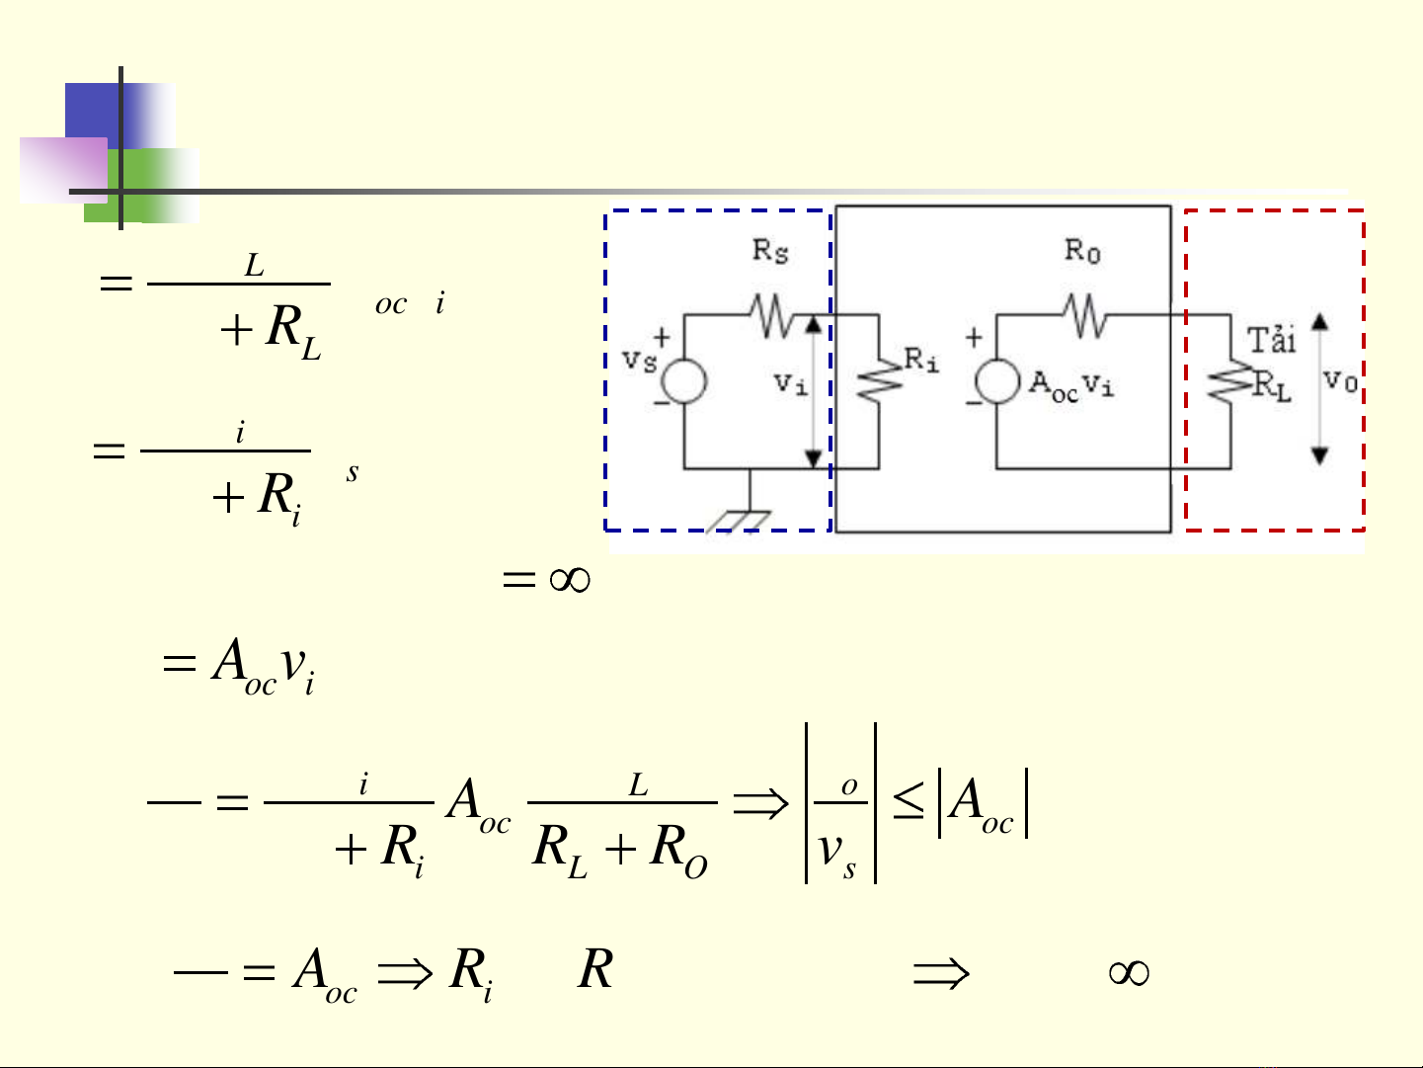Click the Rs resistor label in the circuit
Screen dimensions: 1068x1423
[770, 251]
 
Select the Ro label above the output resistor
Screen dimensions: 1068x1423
[1081, 251]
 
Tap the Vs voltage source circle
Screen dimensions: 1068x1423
[683, 382]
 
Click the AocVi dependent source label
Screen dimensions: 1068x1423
[1071, 384]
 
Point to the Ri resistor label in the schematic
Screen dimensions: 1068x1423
[921, 361]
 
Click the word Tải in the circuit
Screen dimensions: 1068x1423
[1271, 341]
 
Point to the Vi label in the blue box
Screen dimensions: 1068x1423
[790, 383]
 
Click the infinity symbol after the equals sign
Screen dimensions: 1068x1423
[570, 579]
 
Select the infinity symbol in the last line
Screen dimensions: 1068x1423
[1129, 973]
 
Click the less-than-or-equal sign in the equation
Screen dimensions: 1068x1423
[908, 803]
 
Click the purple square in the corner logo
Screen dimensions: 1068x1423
[61, 170]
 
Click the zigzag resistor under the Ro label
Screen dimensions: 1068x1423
[1085, 315]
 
